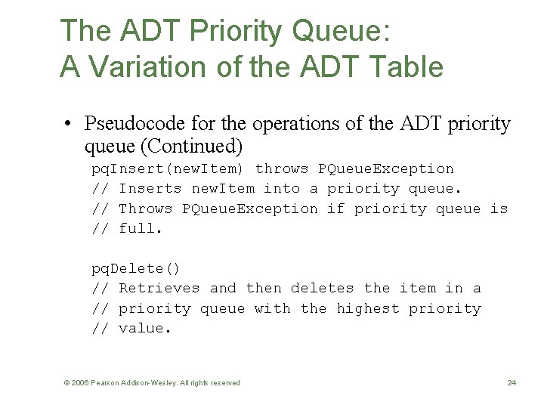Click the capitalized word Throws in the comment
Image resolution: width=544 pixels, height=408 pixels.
click(x=146, y=209)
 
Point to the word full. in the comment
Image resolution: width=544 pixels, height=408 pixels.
click(x=141, y=228)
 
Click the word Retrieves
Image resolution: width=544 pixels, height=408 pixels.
click(x=159, y=288)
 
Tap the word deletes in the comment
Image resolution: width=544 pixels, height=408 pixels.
click(x=322, y=288)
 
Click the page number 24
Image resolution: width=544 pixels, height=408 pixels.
click(x=512, y=383)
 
